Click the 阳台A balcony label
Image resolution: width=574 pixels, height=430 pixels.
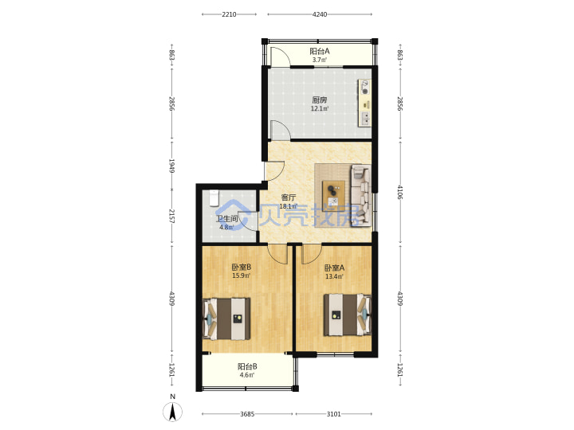(x=320, y=51)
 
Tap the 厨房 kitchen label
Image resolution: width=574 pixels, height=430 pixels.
(x=320, y=100)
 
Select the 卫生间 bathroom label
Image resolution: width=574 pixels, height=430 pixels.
(x=226, y=219)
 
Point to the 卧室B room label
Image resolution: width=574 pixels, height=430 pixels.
(x=242, y=268)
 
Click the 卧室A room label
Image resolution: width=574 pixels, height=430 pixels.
(x=335, y=268)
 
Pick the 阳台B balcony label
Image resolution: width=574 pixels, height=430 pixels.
(x=247, y=366)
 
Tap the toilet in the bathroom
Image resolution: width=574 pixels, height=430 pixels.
(x=214, y=197)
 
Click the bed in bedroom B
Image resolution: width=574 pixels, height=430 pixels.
(x=226, y=319)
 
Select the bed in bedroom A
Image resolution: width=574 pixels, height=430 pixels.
(x=347, y=315)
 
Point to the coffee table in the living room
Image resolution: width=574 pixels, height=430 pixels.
(x=333, y=193)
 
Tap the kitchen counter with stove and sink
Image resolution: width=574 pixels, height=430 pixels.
(x=364, y=103)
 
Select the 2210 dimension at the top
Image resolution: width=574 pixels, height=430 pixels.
(x=229, y=14)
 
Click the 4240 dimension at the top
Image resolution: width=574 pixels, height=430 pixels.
(x=320, y=14)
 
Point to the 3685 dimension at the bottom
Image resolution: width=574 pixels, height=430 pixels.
(x=247, y=414)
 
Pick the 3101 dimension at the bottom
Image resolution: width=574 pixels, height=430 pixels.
(x=333, y=414)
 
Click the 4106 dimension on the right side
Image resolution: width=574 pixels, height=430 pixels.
(x=399, y=193)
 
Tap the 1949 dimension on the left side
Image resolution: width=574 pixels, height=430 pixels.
(x=171, y=166)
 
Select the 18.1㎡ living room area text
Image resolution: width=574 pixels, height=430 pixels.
(x=288, y=206)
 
